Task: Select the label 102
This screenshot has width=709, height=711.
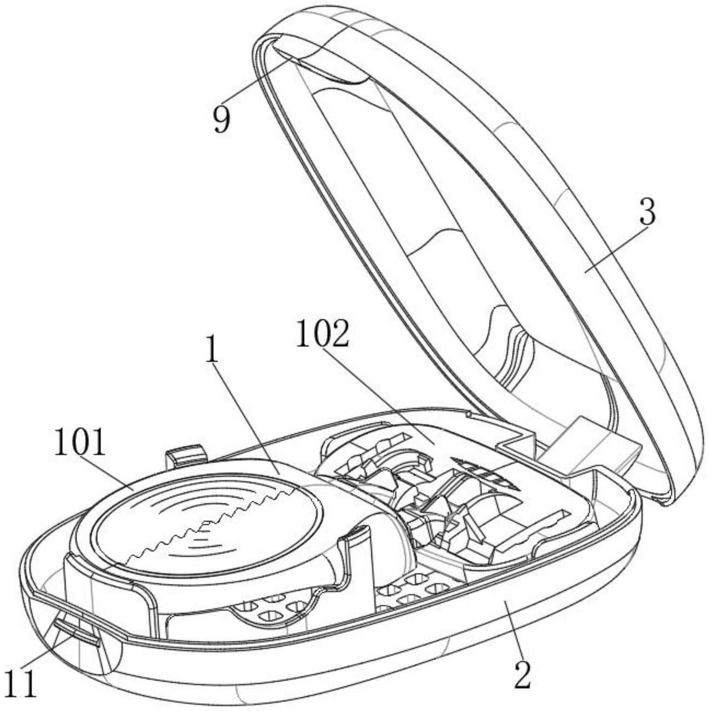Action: click(323, 335)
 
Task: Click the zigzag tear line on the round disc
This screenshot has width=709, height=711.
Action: click(207, 522)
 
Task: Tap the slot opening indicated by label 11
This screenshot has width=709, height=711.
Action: click(75, 631)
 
